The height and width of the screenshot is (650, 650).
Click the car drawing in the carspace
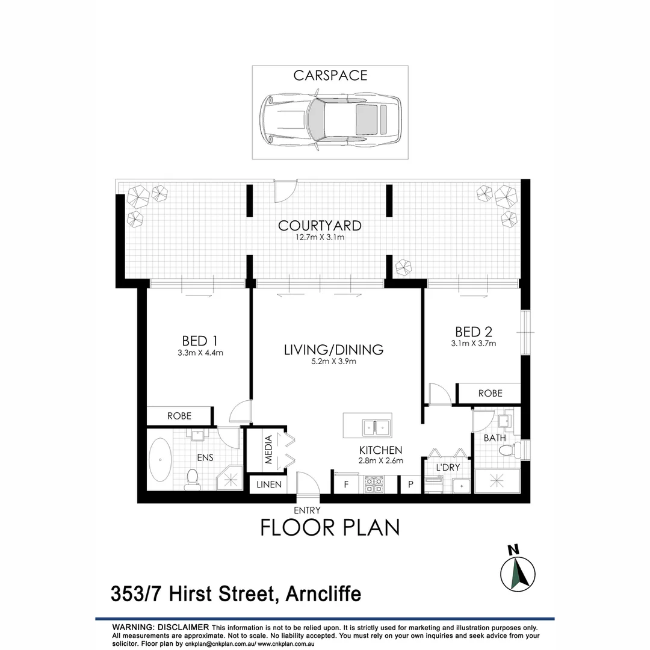(x=330, y=118)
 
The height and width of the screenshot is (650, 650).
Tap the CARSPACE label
(x=330, y=76)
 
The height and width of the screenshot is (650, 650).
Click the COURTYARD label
(x=320, y=226)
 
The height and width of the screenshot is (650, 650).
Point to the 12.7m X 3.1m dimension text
(x=320, y=238)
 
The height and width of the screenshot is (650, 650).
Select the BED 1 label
(x=200, y=340)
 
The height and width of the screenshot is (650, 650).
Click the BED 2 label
(x=474, y=332)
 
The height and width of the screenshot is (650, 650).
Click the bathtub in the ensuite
(x=160, y=460)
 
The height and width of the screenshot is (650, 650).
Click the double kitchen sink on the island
(x=375, y=427)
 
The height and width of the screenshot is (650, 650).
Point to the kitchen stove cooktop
(x=374, y=484)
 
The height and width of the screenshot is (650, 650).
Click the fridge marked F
(x=346, y=484)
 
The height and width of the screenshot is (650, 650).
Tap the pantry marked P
(x=411, y=484)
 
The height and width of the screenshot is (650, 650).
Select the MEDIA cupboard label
(x=269, y=450)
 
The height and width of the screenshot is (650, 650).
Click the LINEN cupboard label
(x=269, y=484)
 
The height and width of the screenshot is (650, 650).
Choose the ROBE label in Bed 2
(x=490, y=394)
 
